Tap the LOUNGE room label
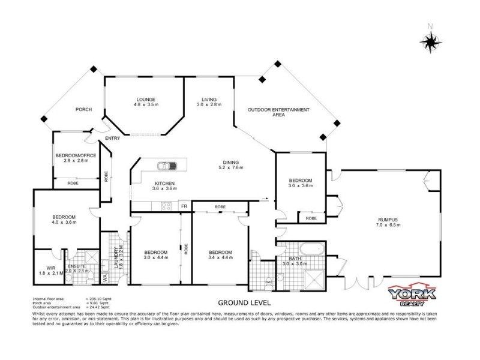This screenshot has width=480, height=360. click(x=146, y=100)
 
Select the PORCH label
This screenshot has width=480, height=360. click(x=83, y=109)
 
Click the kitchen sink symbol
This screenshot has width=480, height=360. click(x=164, y=166)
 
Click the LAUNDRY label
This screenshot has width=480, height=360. click(x=114, y=255)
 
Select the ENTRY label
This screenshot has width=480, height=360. click(x=112, y=139)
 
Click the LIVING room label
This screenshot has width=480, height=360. click(x=209, y=99)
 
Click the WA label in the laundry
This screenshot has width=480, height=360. click(x=104, y=277)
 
